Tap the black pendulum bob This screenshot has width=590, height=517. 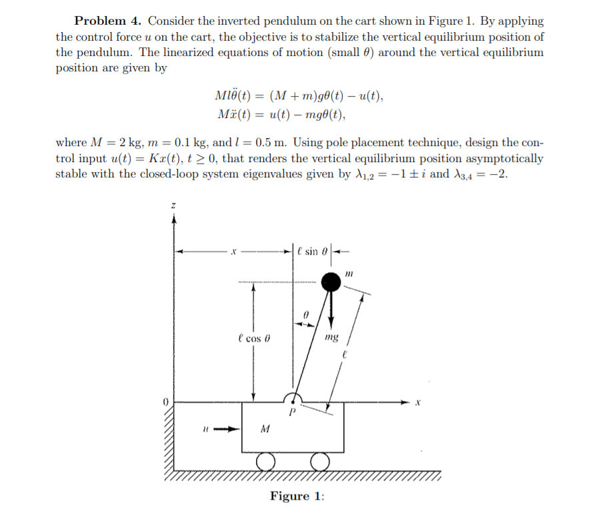point(331,282)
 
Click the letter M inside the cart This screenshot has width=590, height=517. point(265,429)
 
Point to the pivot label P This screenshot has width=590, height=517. point(291,413)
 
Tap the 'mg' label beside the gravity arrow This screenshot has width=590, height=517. point(331,338)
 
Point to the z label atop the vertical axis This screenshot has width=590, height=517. point(173,208)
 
